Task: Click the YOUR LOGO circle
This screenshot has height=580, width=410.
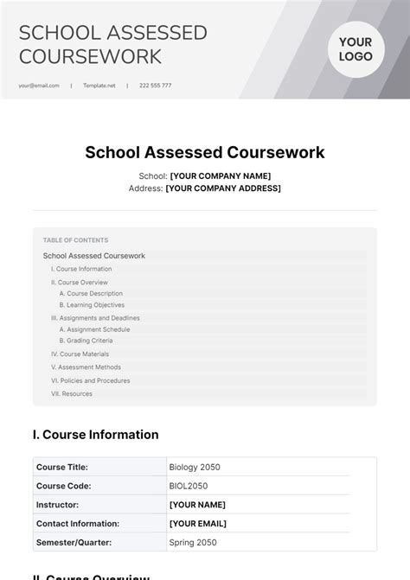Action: [x=356, y=49]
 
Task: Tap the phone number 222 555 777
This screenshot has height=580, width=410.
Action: [x=156, y=86]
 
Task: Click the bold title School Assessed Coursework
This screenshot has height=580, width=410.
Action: [x=205, y=152]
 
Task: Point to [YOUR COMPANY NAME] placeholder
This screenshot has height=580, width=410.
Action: [x=220, y=175]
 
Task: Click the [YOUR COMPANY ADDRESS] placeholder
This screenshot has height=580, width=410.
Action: [x=223, y=188]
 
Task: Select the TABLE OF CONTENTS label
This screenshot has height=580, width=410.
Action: [x=76, y=240]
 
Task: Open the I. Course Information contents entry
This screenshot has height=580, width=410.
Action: [x=81, y=269]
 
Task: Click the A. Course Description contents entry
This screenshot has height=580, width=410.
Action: [x=91, y=293]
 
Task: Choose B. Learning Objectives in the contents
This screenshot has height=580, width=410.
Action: [x=92, y=305]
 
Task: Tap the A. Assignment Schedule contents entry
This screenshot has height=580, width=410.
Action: [x=94, y=329]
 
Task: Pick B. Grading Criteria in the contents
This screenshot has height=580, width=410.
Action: [x=87, y=341]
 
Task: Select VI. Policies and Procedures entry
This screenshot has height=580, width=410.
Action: [x=91, y=380]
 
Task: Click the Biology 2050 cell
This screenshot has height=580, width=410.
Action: [x=195, y=467]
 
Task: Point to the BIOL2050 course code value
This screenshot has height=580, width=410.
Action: [x=189, y=486]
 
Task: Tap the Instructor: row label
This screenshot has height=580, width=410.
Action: [x=57, y=505]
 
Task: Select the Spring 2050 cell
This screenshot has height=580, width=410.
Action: [x=193, y=543]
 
